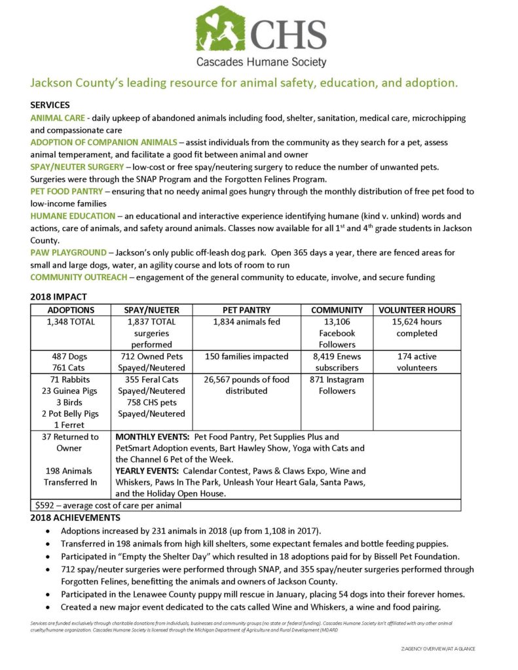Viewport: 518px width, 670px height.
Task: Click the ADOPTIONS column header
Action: click(72, 309)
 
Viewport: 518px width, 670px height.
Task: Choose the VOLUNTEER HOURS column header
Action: click(416, 309)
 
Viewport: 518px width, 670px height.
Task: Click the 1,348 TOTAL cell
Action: click(72, 321)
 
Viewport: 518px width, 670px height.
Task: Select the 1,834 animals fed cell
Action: click(246, 321)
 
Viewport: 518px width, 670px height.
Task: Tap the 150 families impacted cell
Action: click(246, 357)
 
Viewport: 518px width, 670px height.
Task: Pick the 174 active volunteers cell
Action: click(416, 362)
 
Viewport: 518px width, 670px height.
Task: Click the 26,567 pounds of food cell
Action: click(246, 385)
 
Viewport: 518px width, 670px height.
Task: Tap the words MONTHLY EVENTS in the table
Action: click(144, 436)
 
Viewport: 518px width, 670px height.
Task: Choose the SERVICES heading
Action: click(50, 105)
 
